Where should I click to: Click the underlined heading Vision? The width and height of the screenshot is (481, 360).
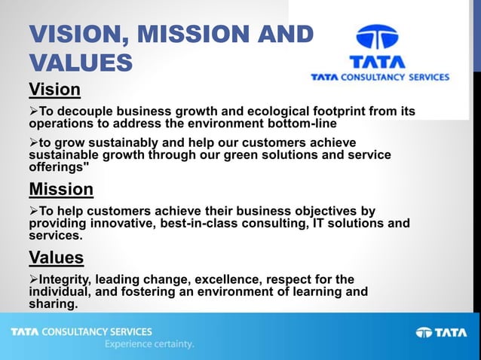(54, 90)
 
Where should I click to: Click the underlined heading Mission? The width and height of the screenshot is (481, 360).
(61, 188)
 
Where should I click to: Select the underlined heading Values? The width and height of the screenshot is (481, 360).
(56, 258)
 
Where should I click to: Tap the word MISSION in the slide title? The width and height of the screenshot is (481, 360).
(191, 35)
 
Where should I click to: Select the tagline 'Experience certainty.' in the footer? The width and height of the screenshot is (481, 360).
(149, 344)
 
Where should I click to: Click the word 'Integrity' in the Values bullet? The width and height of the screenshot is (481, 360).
(66, 280)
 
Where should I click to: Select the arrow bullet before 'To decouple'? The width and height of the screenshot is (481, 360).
(34, 111)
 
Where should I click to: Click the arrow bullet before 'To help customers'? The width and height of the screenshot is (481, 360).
(34, 212)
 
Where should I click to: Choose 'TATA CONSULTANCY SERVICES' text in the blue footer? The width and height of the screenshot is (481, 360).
(81, 331)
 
